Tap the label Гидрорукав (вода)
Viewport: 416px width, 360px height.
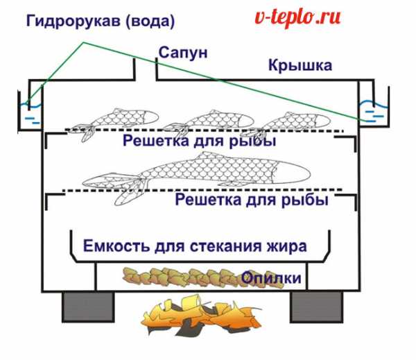point(101,22)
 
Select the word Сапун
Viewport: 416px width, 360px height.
point(183,53)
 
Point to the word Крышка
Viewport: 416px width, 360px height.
point(300,66)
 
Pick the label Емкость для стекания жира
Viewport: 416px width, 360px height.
point(195,246)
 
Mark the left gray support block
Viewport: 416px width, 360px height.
point(83,307)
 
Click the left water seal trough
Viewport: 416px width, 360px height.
point(29,111)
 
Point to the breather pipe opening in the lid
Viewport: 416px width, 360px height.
point(145,69)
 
